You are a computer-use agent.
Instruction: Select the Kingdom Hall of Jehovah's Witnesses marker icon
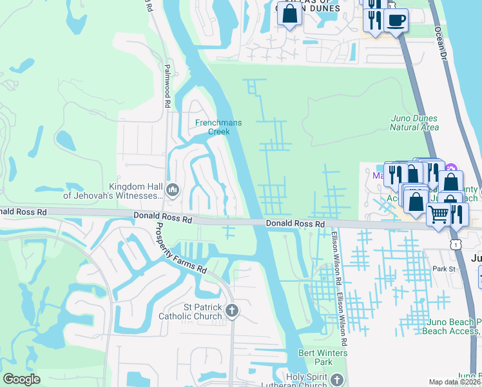tap(173, 190)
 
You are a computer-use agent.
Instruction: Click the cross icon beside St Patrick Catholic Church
tap(232, 312)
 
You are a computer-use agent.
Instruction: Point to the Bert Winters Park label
tap(323, 357)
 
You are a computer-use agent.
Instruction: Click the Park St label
tap(444, 269)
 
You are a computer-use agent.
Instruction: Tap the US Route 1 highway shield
tap(456, 244)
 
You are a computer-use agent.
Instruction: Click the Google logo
tap(21, 379)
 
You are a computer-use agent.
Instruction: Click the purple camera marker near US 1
tap(450, 168)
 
